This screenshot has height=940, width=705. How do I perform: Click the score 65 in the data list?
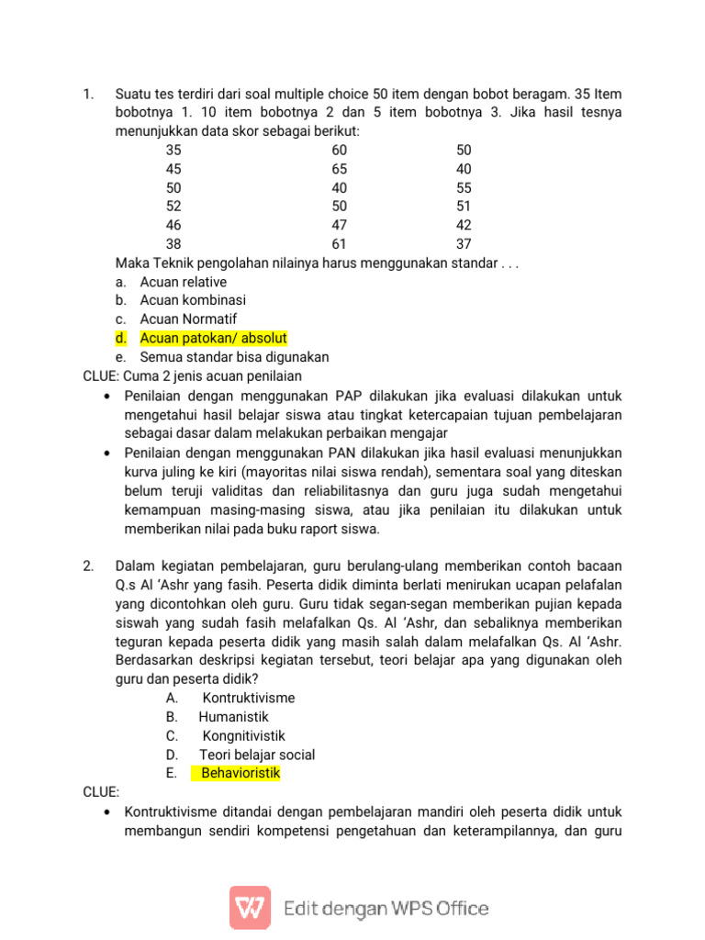340,169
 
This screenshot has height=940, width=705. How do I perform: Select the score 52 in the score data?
173,207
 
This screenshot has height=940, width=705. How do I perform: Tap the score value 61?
340,244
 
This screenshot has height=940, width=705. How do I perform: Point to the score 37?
464,244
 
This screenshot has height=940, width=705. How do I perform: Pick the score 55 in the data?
464,188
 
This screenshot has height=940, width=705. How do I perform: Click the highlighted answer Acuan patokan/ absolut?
214,339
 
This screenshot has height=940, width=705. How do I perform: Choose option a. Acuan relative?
183,282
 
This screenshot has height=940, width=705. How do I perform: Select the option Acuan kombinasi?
193,300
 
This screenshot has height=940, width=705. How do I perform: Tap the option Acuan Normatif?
188,319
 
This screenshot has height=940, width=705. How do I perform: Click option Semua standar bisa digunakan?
234,357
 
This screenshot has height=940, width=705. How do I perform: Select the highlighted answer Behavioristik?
241,774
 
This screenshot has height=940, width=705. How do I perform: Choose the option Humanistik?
233,717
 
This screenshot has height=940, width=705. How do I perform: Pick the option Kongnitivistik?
243,736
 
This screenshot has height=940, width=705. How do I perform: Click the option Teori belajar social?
257,755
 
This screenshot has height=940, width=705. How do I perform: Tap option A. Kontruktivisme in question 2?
248,699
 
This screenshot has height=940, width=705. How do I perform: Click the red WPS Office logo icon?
250,908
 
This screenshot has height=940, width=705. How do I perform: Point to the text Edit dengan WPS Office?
386,909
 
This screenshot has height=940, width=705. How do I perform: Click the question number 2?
88,566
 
